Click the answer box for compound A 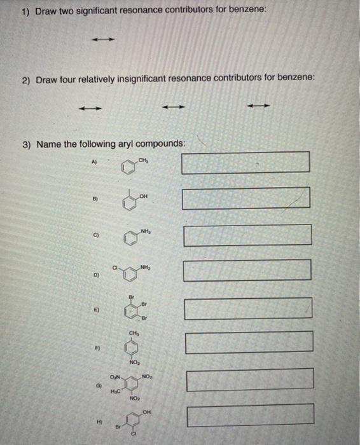(x=246, y=162)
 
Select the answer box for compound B (x=246, y=198)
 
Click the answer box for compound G (x=250, y=380)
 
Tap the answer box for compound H (x=250, y=415)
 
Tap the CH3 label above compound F (x=134, y=332)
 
